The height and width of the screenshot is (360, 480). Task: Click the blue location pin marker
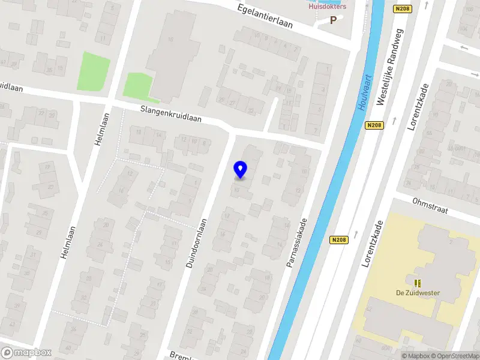[241, 170]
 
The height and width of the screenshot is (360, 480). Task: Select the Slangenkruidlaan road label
[171, 114]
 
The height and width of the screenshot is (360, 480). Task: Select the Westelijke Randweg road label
[390, 67]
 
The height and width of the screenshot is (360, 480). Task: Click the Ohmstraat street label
[430, 205]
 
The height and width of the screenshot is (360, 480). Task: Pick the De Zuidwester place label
[418, 293]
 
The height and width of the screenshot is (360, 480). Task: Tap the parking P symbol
[333, 20]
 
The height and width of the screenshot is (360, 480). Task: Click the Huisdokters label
[328, 7]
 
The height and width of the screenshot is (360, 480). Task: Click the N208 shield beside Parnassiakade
[338, 239]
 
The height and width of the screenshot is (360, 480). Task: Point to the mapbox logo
[26, 353]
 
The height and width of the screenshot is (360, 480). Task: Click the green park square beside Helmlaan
[94, 70]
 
